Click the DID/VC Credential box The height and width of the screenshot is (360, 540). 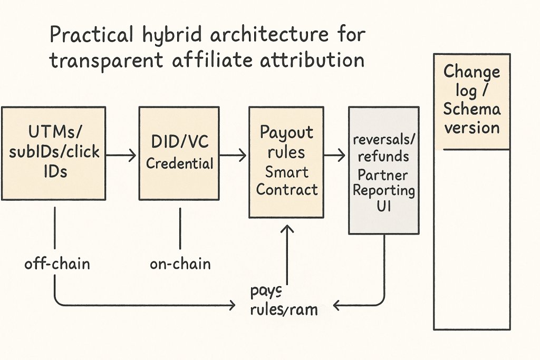click(x=179, y=153)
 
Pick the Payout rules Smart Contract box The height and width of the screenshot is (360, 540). click(x=286, y=162)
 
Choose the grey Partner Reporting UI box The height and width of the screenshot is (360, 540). click(x=384, y=170)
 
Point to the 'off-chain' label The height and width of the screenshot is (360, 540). click(x=57, y=264)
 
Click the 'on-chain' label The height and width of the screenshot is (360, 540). click(x=180, y=264)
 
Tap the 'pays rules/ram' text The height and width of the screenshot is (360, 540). click(x=284, y=301)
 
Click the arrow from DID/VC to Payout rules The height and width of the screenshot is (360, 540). click(x=233, y=154)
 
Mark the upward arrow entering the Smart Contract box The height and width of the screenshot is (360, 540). click(x=287, y=253)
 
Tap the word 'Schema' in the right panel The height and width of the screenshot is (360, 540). click(x=471, y=110)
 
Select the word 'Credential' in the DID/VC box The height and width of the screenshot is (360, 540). click(x=180, y=163)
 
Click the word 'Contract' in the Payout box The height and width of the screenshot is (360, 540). click(x=287, y=189)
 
